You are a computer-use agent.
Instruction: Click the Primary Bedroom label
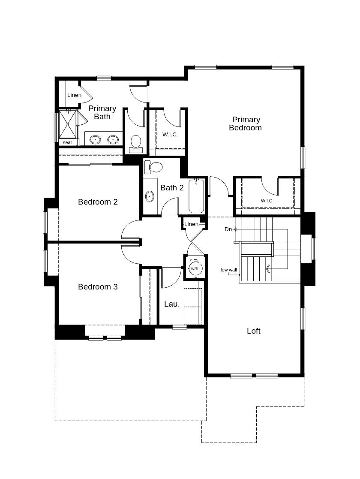[x=245, y=124]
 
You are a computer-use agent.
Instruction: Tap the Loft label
[x=253, y=331]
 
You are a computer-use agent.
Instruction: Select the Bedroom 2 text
[x=98, y=202]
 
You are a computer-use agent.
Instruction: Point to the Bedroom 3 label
[x=98, y=286]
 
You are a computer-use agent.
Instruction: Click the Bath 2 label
[x=172, y=187]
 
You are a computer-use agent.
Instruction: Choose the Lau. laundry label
[x=172, y=304]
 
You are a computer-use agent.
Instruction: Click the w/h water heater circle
[x=195, y=268]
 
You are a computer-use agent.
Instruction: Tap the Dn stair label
[x=228, y=229]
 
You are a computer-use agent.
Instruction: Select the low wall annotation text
[x=229, y=270]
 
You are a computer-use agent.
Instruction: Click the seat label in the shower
[x=67, y=142]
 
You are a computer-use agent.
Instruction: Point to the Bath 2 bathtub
[x=196, y=196]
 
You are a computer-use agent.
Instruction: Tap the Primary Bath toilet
[x=136, y=144]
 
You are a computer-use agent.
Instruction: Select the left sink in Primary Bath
[x=95, y=140]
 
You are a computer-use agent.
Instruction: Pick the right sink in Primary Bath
[x=113, y=140]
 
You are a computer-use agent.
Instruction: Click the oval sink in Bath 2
[x=150, y=196]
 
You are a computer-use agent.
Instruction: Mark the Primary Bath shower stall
[x=67, y=124]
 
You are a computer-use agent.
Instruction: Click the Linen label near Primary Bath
[x=74, y=95]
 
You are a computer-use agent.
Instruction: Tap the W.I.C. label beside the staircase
[x=267, y=201]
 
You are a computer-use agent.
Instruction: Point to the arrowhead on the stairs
[x=268, y=269]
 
